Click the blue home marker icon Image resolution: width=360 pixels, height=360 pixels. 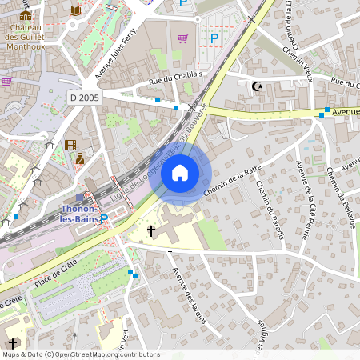[x=180, y=173]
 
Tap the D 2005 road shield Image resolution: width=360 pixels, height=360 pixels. [x=85, y=96]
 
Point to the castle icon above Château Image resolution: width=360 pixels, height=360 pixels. [x=26, y=15]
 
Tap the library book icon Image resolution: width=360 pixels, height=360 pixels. [x=74, y=10]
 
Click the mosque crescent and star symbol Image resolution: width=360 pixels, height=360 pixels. [x=257, y=86]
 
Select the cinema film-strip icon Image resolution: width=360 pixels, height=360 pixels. [x=70, y=145]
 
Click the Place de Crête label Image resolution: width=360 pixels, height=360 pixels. [x=55, y=270]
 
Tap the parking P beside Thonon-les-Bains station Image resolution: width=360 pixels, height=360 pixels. [x=103, y=218]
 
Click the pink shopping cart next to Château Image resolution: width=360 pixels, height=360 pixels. [x=6, y=81]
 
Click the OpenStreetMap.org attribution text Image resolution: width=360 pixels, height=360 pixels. [x=107, y=354]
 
